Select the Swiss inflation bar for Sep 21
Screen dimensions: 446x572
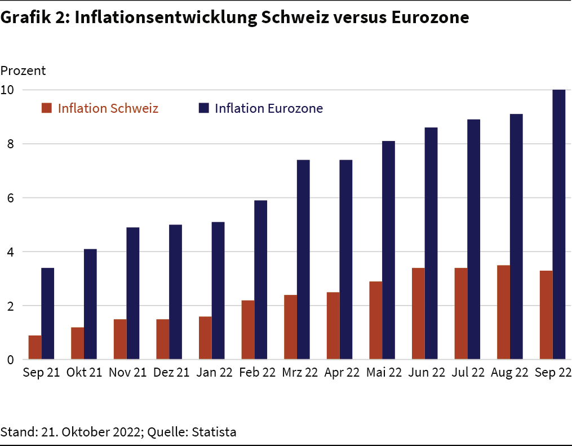(x=35, y=347)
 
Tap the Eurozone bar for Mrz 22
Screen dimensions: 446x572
(x=303, y=259)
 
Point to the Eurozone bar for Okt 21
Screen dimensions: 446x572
(x=90, y=304)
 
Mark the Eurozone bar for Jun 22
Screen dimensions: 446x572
(x=431, y=243)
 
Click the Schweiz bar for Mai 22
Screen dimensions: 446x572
(x=376, y=320)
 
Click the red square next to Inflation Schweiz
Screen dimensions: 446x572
(x=47, y=108)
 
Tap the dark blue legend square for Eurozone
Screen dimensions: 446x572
(x=203, y=108)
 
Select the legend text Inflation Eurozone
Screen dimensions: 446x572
(x=269, y=108)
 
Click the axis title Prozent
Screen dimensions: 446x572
(x=23, y=71)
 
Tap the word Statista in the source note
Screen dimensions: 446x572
(x=214, y=432)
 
